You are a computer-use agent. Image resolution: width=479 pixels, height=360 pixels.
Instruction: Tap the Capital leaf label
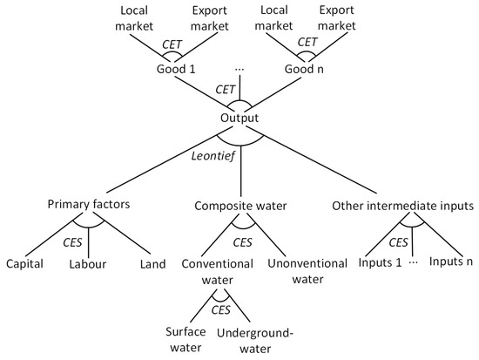[x=24, y=262]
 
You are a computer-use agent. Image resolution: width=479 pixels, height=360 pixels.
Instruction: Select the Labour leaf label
[x=88, y=262]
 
